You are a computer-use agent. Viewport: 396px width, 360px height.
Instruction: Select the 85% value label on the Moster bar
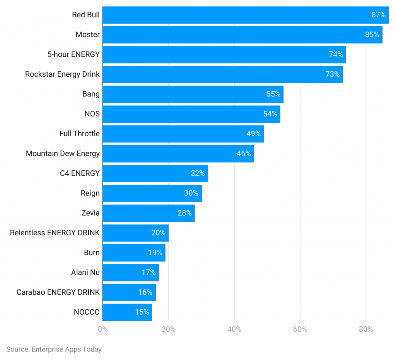click(x=372, y=34)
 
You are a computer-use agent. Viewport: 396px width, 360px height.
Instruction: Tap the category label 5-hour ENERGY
click(x=73, y=54)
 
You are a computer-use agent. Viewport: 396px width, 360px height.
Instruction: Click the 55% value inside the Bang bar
click(x=273, y=94)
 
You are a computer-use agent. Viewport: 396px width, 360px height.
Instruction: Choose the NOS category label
click(x=92, y=114)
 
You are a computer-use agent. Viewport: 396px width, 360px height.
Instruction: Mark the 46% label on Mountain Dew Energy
click(x=244, y=154)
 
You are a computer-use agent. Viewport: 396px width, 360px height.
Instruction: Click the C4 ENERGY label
click(x=80, y=173)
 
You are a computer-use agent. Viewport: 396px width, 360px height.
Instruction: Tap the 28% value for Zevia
click(x=184, y=213)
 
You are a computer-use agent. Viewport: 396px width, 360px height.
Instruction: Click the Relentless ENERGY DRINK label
click(x=55, y=233)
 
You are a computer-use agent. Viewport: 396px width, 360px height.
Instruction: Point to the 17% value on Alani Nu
click(x=148, y=273)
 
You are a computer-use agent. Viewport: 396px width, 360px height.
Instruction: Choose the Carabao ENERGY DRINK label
click(x=58, y=292)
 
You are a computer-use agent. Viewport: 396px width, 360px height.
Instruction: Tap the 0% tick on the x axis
click(x=103, y=329)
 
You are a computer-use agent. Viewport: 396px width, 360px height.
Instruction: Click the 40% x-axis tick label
click(x=234, y=329)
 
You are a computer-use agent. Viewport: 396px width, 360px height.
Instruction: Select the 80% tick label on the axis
click(x=366, y=329)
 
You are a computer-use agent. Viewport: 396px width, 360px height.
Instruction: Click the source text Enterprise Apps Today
click(x=54, y=349)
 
